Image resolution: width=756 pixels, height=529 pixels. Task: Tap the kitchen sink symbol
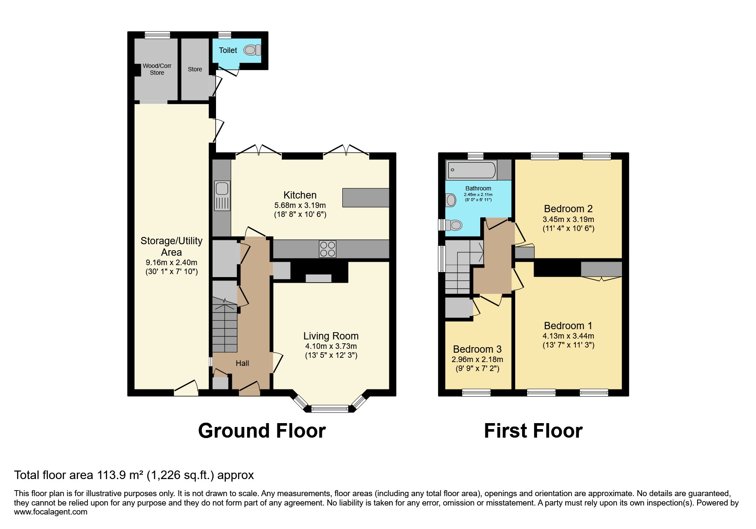[x=222, y=196]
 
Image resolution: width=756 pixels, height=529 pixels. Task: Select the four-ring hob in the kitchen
[x=327, y=249]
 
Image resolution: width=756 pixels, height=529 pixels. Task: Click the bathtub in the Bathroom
[x=471, y=170]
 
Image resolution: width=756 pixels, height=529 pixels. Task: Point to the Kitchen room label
[x=300, y=195]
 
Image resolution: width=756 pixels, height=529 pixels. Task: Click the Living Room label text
[x=331, y=336]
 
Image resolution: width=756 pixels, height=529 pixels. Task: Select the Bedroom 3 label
[x=477, y=349]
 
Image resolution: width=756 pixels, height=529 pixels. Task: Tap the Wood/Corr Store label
[x=157, y=69]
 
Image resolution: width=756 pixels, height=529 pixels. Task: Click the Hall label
[x=242, y=363]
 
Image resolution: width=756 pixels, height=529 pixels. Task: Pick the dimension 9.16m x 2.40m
[x=171, y=263]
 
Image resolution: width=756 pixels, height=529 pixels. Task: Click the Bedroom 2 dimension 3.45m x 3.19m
[x=568, y=219]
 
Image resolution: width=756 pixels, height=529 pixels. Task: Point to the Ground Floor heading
[x=262, y=431]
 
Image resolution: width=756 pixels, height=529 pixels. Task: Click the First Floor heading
[x=533, y=431]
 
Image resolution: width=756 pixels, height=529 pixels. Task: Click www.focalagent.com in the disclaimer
[x=50, y=512]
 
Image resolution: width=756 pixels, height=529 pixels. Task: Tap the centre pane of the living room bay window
[x=330, y=409]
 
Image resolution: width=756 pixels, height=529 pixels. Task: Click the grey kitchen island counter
[x=365, y=198]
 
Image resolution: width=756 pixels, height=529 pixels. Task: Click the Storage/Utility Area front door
[x=186, y=389]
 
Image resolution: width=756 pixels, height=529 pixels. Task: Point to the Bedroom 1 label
[x=568, y=326]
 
